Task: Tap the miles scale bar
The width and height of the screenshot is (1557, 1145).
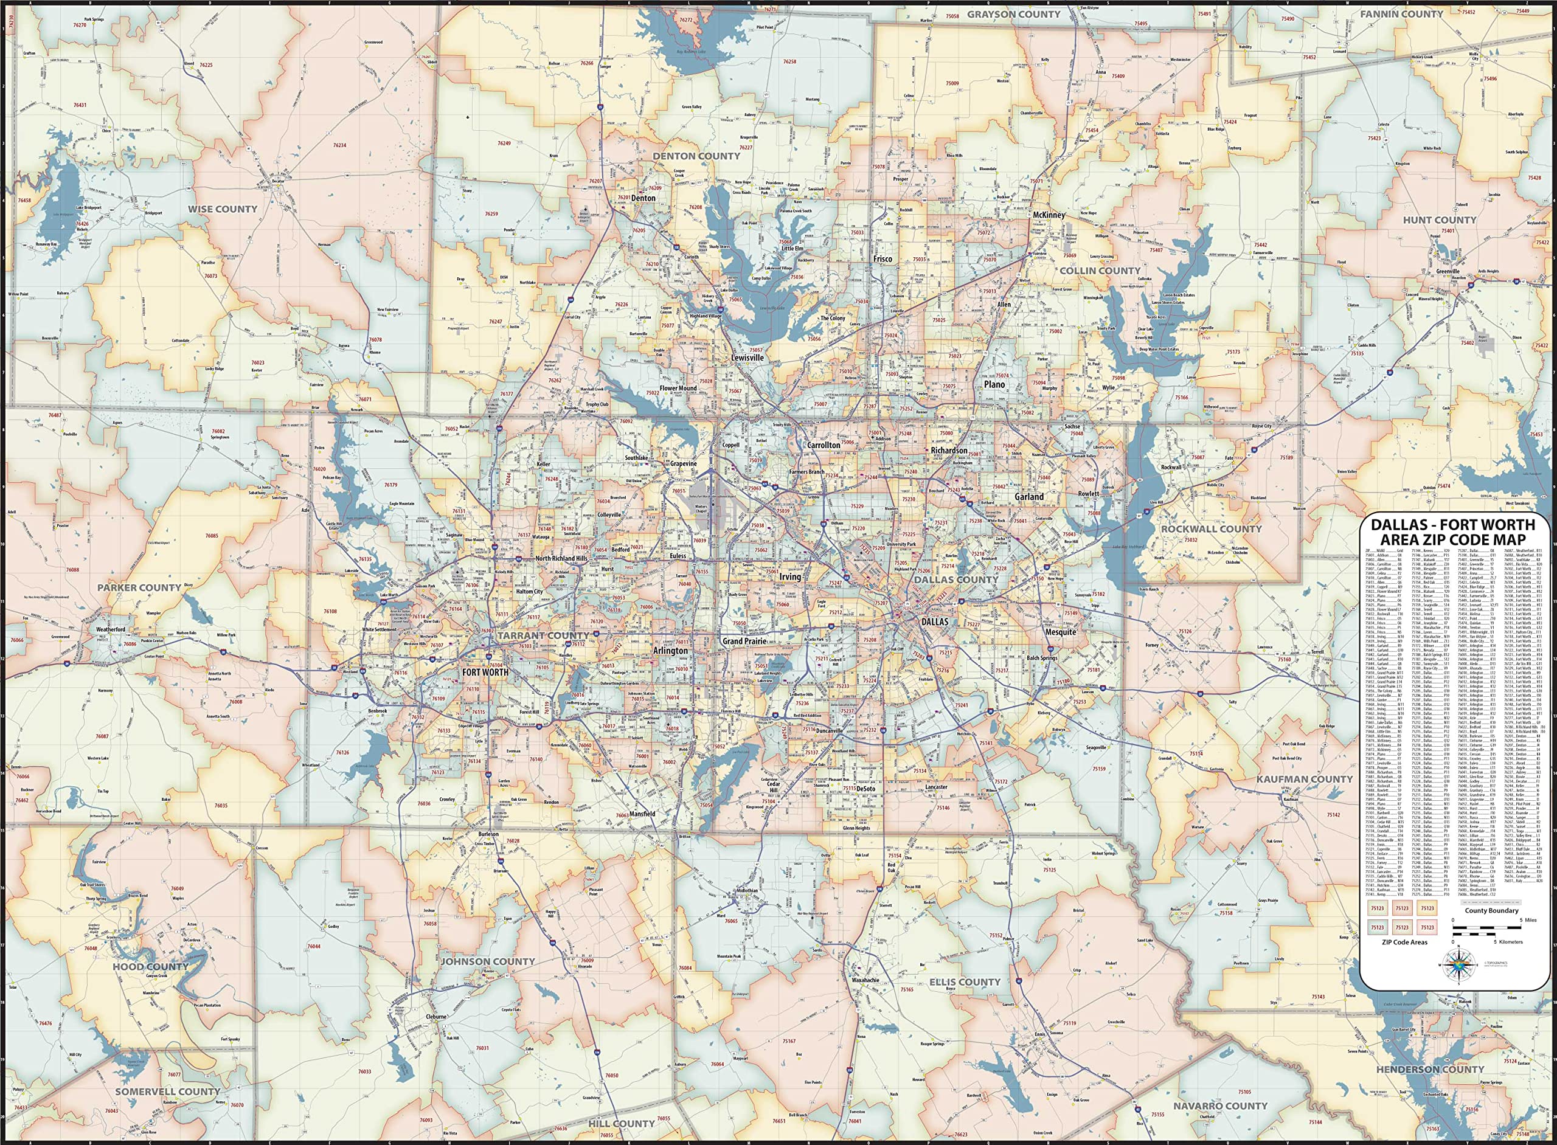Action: pyautogui.click(x=1487, y=928)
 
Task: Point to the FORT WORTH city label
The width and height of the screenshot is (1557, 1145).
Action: pyautogui.click(x=485, y=671)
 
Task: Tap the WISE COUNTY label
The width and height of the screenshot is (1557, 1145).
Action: pyautogui.click(x=223, y=209)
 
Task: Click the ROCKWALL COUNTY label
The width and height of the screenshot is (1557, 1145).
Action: pyautogui.click(x=1211, y=529)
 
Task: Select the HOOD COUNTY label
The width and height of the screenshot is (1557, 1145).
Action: pyautogui.click(x=151, y=966)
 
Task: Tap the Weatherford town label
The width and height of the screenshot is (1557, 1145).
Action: pyautogui.click(x=110, y=629)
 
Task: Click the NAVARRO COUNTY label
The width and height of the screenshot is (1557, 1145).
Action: pyautogui.click(x=1220, y=1105)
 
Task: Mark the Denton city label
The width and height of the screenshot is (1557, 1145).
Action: pyautogui.click(x=643, y=198)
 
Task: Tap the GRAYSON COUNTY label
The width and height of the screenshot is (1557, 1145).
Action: pyautogui.click(x=1013, y=14)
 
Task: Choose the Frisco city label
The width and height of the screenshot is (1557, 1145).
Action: pyautogui.click(x=883, y=258)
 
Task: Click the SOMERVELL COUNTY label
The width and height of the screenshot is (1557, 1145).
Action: pyautogui.click(x=167, y=1091)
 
